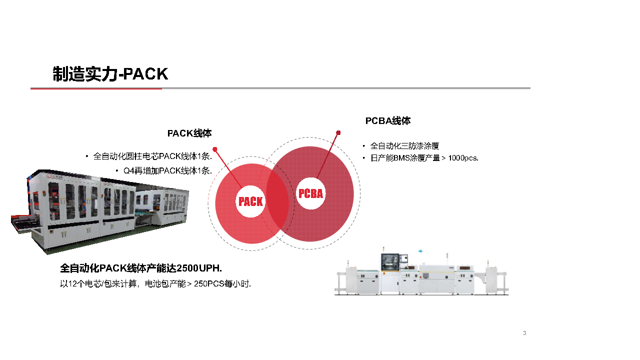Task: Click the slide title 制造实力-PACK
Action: point(110,74)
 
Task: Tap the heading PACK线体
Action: point(189,133)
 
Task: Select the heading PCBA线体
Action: point(388,121)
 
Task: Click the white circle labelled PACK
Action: point(250,201)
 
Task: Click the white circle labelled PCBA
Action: point(310,193)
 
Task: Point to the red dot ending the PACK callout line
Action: point(215,149)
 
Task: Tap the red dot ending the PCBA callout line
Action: point(338,133)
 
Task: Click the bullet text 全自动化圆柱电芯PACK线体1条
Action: point(152,156)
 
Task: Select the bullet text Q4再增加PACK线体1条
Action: point(167,170)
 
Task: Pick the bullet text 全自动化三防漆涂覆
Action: point(404,146)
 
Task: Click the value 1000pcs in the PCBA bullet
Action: point(463,158)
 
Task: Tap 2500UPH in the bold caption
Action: point(199,268)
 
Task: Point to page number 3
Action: point(524,333)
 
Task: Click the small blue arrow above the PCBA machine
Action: point(420,250)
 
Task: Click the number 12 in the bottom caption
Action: point(71,284)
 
